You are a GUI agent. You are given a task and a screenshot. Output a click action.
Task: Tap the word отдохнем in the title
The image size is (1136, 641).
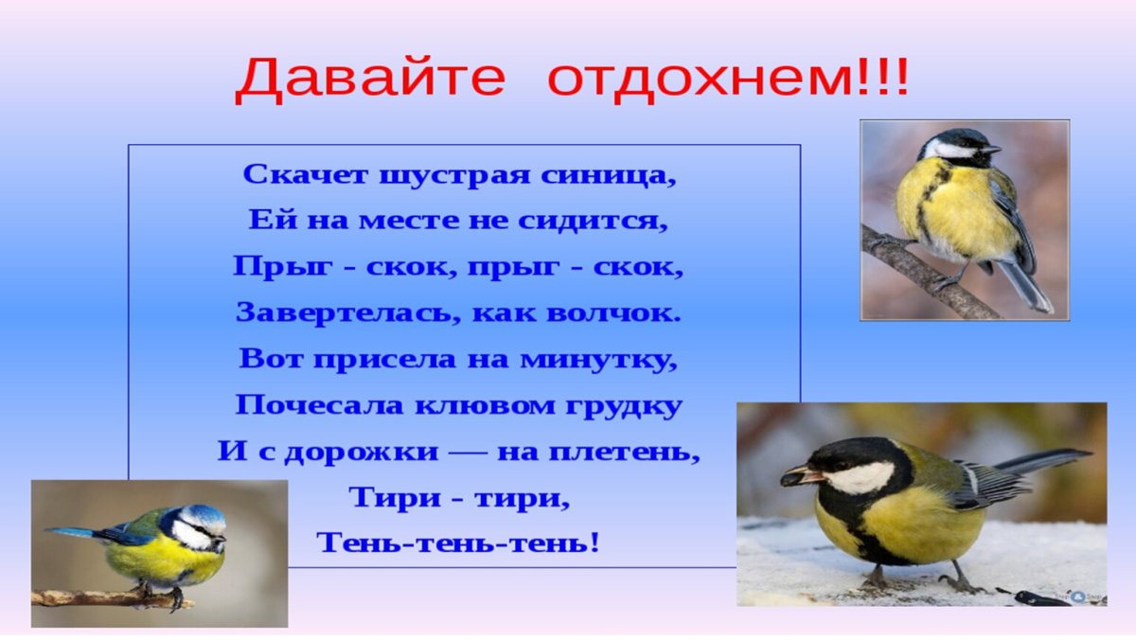(699, 79)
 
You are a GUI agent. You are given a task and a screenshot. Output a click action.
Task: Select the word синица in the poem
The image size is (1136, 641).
(625, 176)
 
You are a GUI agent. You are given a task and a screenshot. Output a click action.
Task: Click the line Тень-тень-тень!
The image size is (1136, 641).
(459, 543)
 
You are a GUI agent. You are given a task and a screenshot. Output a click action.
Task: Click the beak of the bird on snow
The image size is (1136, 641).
(793, 476)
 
